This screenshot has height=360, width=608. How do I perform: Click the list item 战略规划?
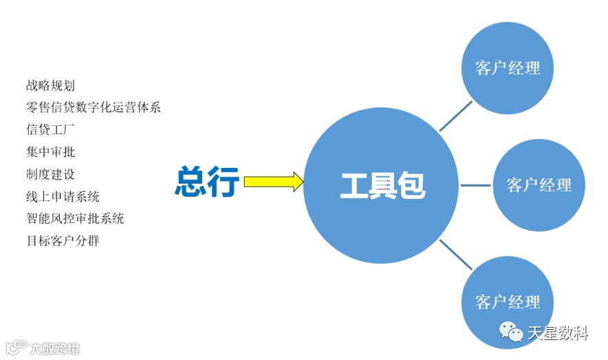[50, 86]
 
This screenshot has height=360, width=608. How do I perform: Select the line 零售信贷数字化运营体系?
[93, 107]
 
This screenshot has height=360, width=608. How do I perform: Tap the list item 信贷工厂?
[50, 129]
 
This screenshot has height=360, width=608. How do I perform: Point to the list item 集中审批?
[50, 151]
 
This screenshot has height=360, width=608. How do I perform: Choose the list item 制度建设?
[50, 174]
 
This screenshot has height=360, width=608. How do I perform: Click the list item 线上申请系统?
[63, 196]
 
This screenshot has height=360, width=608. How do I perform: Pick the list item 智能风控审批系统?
[75, 219]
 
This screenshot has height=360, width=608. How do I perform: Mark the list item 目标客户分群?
[63, 241]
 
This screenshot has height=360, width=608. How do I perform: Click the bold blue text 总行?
[206, 183]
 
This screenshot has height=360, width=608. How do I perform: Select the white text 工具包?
[382, 185]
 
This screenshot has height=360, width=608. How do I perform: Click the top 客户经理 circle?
[508, 67]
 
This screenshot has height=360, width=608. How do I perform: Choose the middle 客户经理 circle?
[539, 185]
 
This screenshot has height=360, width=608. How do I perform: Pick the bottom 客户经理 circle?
[508, 302]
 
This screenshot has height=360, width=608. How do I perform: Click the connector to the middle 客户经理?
[476, 185]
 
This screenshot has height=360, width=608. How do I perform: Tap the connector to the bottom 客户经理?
[456, 254]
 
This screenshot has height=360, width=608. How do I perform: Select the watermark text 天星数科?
[558, 334]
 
